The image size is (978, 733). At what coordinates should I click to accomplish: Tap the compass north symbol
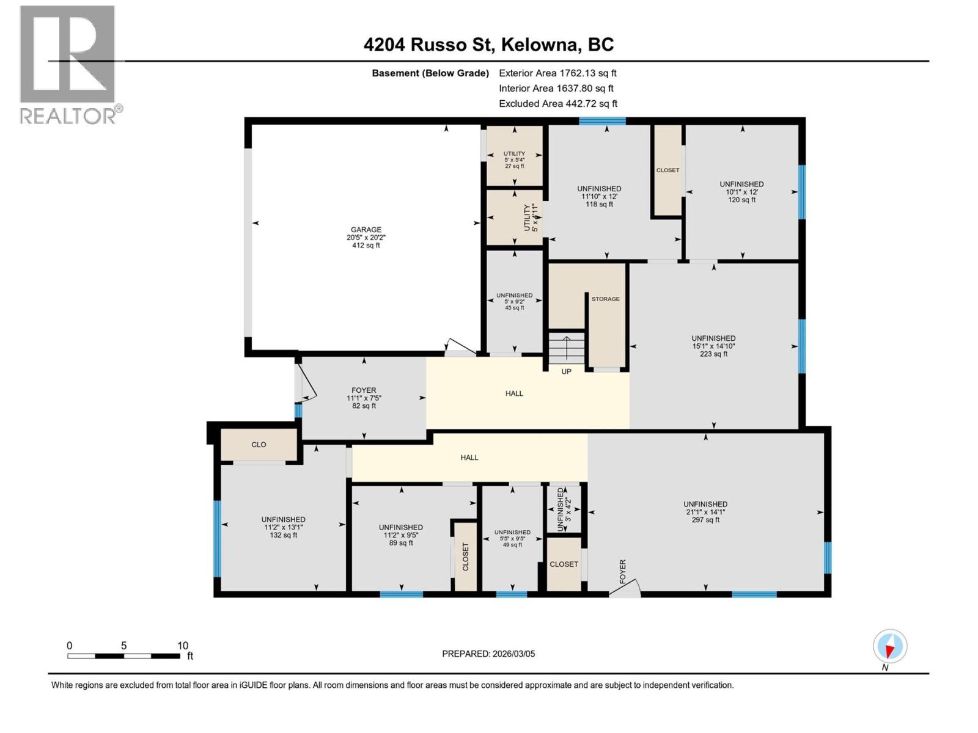click(x=890, y=647)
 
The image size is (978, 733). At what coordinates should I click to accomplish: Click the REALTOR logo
click(x=68, y=65)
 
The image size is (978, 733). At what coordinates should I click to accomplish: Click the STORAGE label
click(x=605, y=299)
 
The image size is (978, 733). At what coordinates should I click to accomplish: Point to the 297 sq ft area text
click(x=705, y=520)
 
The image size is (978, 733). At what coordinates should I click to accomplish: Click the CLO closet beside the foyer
click(x=259, y=444)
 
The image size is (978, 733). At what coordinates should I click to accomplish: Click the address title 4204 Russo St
click(x=488, y=45)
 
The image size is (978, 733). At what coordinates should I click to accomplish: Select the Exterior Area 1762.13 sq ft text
click(x=557, y=73)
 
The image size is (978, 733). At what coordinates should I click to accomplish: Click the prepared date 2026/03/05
click(x=488, y=654)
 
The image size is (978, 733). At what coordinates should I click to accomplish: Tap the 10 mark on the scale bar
click(x=182, y=646)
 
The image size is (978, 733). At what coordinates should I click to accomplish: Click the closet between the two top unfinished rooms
click(x=667, y=170)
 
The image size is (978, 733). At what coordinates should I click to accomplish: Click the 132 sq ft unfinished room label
click(x=284, y=527)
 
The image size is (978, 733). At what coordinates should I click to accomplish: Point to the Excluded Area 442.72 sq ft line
click(x=557, y=104)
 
